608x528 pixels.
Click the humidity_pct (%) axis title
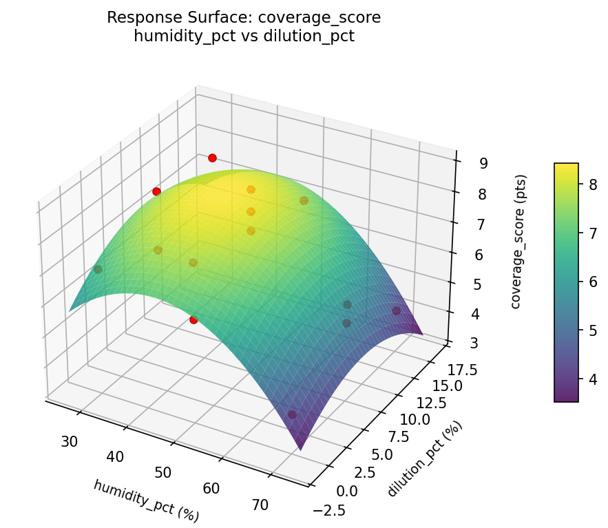pyautogui.click(x=146, y=500)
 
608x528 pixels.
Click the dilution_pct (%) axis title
pyautogui.click(x=425, y=458)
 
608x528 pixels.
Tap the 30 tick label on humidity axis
pyautogui.click(x=69, y=441)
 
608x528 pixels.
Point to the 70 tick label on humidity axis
pyautogui.click(x=260, y=505)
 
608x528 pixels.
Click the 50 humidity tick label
pyautogui.click(x=163, y=472)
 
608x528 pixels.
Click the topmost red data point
pyautogui.click(x=212, y=158)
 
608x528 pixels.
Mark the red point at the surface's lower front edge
pyautogui.click(x=193, y=319)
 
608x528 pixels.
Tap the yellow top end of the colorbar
pyautogui.click(x=566, y=167)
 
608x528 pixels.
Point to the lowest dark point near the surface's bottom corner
pyautogui.click(x=292, y=414)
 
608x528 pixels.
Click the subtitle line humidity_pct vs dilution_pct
pyautogui.click(x=244, y=36)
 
